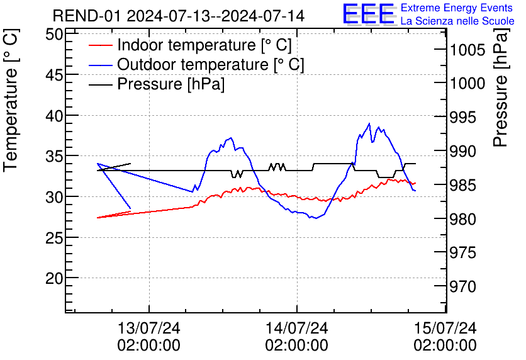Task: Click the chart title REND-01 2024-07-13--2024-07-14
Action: [x=179, y=16]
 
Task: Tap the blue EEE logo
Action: [x=369, y=14]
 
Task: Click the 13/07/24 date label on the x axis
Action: [x=149, y=329]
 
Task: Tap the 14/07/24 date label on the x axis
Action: [x=297, y=329]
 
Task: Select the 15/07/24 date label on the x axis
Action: [x=445, y=329]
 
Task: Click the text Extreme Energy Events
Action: [x=456, y=8]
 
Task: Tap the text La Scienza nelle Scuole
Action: [x=457, y=21]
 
